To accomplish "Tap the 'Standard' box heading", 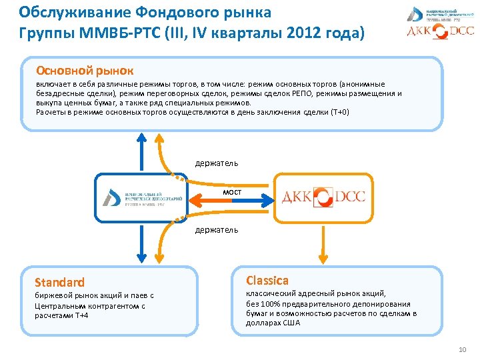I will coord(60,282).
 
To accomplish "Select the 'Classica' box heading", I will coord(267,280).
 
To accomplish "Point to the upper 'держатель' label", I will coord(216,163).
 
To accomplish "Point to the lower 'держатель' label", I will coord(216,230).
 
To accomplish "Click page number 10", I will coord(463,351).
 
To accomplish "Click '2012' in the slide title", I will coord(312,32).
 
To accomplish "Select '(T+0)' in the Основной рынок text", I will coord(339,112).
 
